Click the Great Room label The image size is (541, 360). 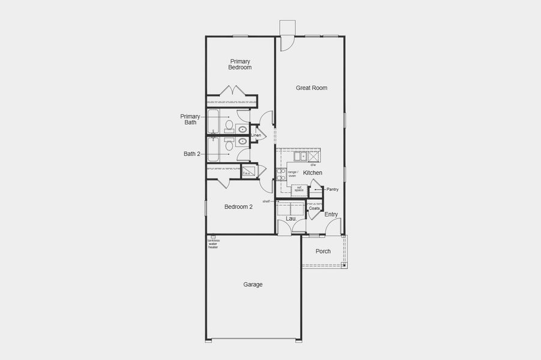tap(311, 88)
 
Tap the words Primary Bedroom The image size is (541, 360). tap(240, 64)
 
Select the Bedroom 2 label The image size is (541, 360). tap(238, 207)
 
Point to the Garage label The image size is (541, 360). tap(253, 284)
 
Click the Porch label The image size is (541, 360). tap(323, 251)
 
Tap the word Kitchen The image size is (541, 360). tap(312, 173)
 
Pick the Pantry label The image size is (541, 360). tap(333, 190)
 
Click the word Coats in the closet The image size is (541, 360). tap(314, 208)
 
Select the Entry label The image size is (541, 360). tap(331, 214)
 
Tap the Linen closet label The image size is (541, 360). tap(256, 136)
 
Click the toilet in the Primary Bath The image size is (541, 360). tap(229, 125)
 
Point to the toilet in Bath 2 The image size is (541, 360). tap(229, 145)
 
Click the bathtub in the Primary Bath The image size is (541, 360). tap(214, 121)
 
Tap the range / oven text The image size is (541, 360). tap(293, 174)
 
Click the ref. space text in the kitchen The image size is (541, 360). tap(298, 188)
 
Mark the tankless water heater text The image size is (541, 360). tap(213, 244)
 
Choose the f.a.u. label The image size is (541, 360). tap(247, 173)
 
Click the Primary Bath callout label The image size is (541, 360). tap(190, 119)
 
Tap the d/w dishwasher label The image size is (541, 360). tap(313, 164)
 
